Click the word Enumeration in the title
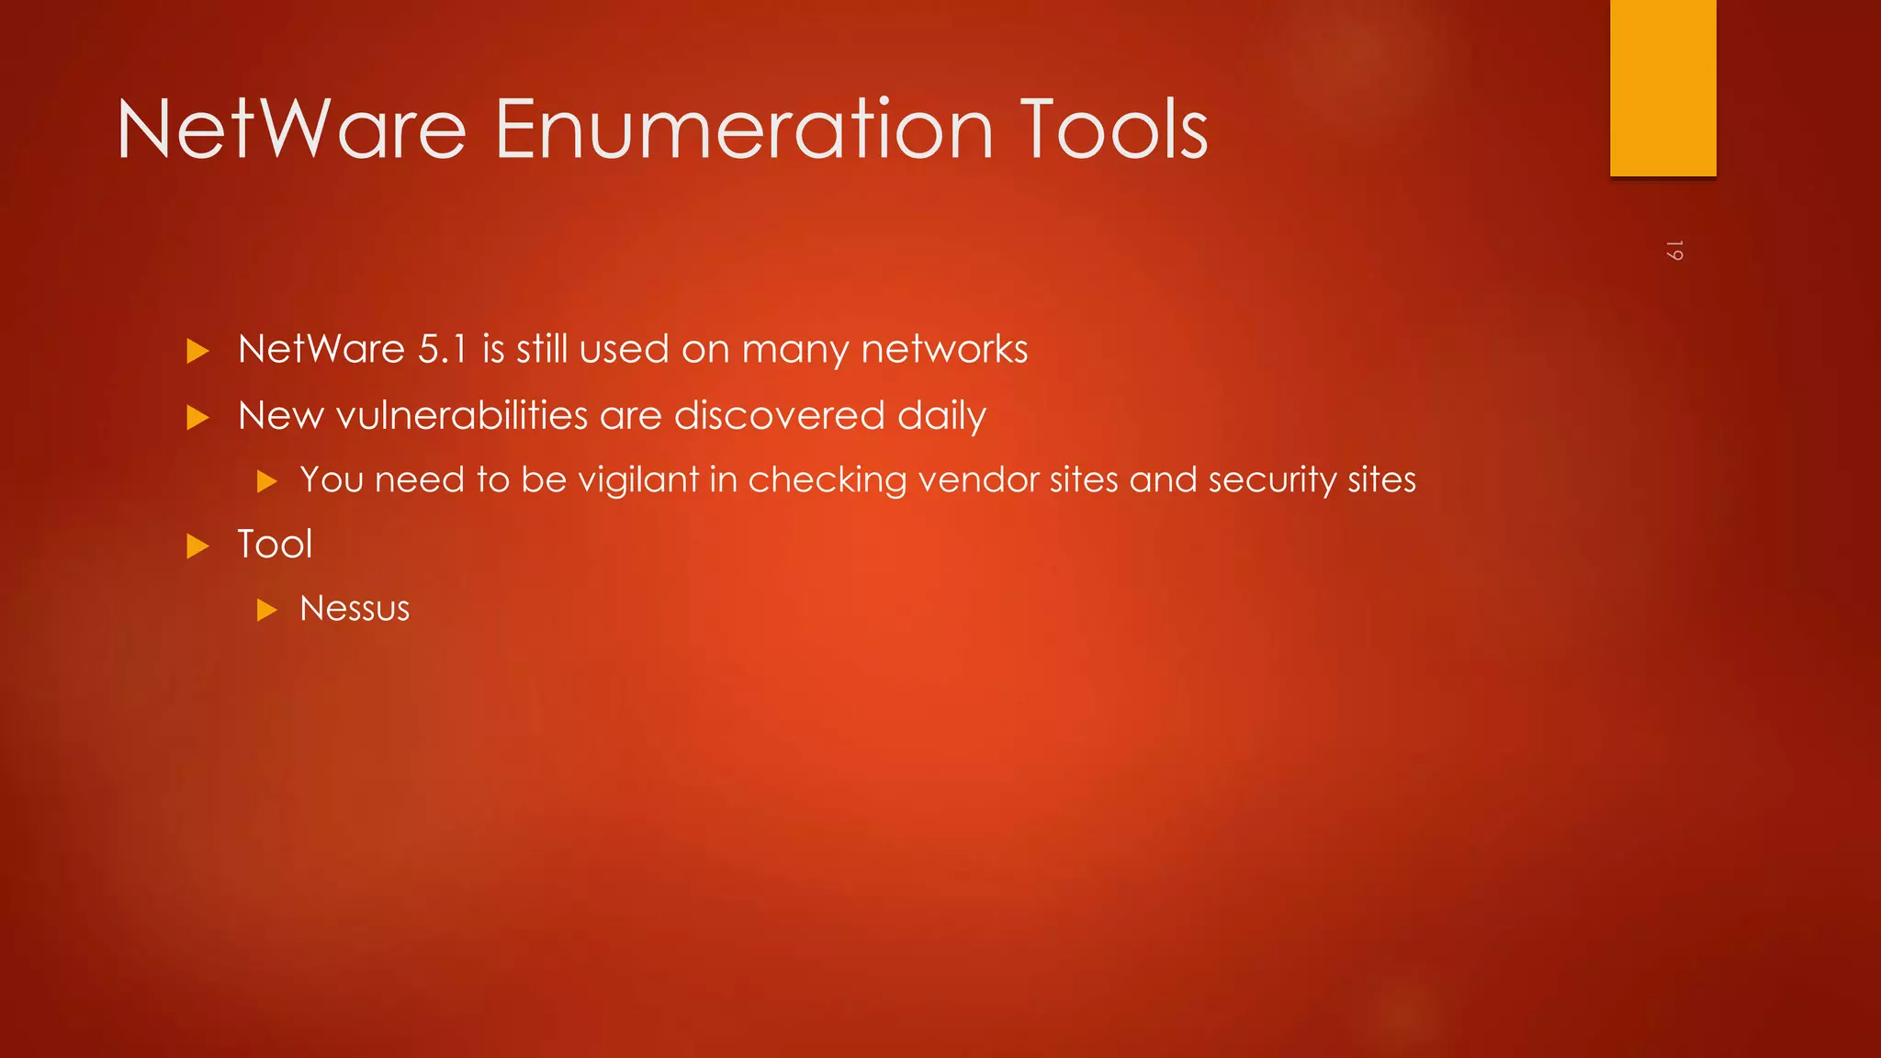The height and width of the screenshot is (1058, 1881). [x=744, y=129]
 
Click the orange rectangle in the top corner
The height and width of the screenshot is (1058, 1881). [x=1662, y=87]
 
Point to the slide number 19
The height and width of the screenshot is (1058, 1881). [x=1673, y=251]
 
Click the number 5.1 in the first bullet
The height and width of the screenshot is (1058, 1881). [x=443, y=349]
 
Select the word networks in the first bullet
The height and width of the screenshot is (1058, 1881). [x=944, y=349]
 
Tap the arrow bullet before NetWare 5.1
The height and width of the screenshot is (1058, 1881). [x=197, y=351]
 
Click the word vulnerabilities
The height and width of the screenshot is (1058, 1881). [x=462, y=415]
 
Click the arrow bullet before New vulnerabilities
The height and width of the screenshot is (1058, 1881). [x=197, y=418]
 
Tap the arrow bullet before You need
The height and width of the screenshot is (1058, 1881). [x=266, y=481]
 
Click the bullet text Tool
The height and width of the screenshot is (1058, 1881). [x=275, y=544]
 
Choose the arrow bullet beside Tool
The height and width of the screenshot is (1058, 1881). [x=197, y=546]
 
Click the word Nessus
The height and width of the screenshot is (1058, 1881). [x=355, y=608]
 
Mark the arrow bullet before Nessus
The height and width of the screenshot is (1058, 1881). [x=266, y=610]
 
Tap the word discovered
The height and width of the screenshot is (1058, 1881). [x=780, y=415]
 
